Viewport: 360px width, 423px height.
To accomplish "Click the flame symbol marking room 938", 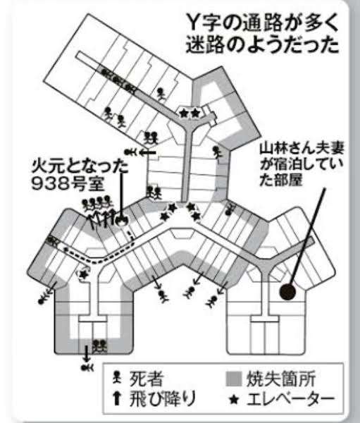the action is [121, 221].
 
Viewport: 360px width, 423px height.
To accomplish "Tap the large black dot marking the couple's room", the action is [287, 292].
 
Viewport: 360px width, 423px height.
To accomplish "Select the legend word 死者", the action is [146, 379].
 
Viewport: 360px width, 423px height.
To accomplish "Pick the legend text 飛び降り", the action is [162, 399].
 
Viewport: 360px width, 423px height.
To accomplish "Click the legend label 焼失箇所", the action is [281, 379].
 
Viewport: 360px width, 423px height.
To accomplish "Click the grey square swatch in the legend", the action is [233, 379].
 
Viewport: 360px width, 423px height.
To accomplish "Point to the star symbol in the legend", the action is [234, 400].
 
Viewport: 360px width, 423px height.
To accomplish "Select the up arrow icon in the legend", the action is [117, 399].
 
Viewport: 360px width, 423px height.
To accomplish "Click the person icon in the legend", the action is [117, 377].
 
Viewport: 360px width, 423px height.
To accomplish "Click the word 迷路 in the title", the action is [206, 44].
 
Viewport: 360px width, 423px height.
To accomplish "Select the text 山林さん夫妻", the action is [302, 149].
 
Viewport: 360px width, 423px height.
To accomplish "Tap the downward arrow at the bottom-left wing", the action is [86, 353].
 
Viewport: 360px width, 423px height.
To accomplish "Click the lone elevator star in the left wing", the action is [84, 274].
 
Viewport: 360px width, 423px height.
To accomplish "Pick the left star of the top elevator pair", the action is [184, 113].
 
